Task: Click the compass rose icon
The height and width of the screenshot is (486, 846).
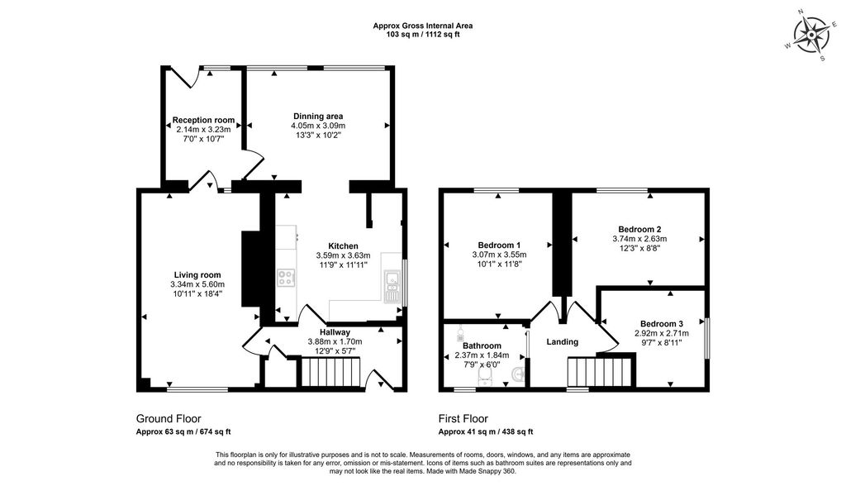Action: point(814,35)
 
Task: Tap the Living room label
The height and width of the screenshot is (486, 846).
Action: point(197,275)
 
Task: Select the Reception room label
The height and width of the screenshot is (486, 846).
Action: point(204,120)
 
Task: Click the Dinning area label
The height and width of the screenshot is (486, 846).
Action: point(318,116)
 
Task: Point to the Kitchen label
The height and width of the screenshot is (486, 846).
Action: point(343,246)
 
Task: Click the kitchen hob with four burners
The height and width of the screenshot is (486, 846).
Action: point(287,277)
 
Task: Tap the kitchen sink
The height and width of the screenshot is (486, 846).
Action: point(391,287)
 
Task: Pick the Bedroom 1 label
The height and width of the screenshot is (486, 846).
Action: point(499,245)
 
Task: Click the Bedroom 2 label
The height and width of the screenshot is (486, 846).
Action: point(639,229)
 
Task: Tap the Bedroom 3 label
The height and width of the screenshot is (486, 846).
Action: point(661,323)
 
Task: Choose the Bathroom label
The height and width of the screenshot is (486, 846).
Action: point(482,345)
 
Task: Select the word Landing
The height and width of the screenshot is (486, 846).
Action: point(562,341)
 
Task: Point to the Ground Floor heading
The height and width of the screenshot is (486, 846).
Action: point(169,419)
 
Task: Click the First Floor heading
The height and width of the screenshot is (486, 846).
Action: point(463,419)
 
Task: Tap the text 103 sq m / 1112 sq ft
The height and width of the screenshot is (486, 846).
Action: point(423,36)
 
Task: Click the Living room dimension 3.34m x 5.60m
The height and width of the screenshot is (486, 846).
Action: point(197,285)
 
